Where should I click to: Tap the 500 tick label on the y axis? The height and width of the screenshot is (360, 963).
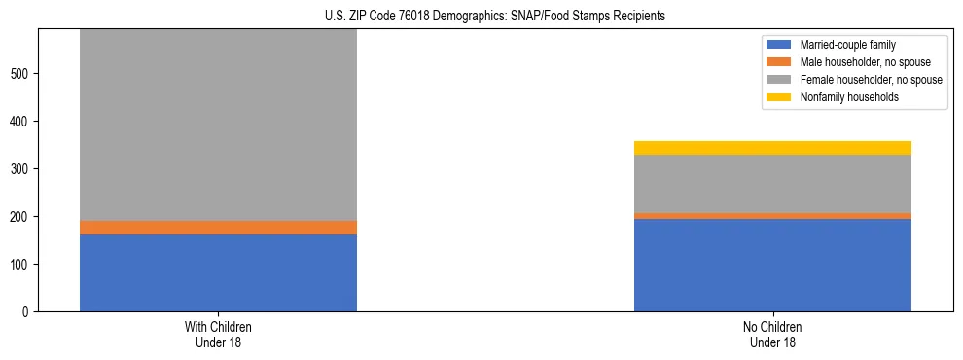coord(22,74)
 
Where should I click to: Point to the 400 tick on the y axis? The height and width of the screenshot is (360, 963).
coord(22,122)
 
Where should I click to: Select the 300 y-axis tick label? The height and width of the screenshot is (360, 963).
coord(22,169)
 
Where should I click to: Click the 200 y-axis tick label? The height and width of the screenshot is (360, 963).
coord(22,217)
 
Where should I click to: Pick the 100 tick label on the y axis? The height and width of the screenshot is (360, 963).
coord(22,265)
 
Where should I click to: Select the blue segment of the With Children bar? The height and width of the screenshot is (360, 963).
coord(218,272)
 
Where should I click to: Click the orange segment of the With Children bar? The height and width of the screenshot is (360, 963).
coord(218,228)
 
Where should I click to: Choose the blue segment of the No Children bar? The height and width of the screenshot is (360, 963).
coord(772,265)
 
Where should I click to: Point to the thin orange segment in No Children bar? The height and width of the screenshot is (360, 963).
coord(772,216)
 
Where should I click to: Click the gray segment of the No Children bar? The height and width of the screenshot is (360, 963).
coord(772,184)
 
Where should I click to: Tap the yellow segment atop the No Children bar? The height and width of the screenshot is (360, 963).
coord(772,148)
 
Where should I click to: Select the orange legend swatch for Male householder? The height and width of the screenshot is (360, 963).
coord(780,62)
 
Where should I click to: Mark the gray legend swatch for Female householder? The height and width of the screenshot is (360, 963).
coord(780,80)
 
